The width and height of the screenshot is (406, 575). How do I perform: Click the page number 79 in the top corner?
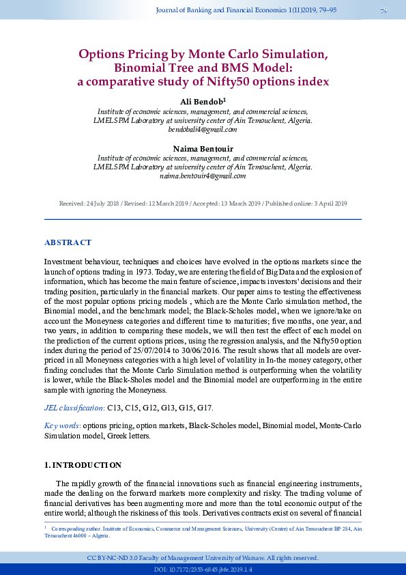[x=383, y=10]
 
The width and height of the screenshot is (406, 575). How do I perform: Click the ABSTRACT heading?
[x=68, y=242]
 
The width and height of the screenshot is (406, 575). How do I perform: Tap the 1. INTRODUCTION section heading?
[x=83, y=465]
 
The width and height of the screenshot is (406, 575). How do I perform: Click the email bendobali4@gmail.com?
[x=203, y=129]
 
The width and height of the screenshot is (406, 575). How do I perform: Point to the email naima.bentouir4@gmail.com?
[x=203, y=176]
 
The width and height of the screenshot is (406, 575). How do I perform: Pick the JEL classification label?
[x=74, y=408]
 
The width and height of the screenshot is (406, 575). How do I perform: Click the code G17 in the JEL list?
[x=205, y=408]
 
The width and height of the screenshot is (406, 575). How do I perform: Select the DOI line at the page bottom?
[x=203, y=569]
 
